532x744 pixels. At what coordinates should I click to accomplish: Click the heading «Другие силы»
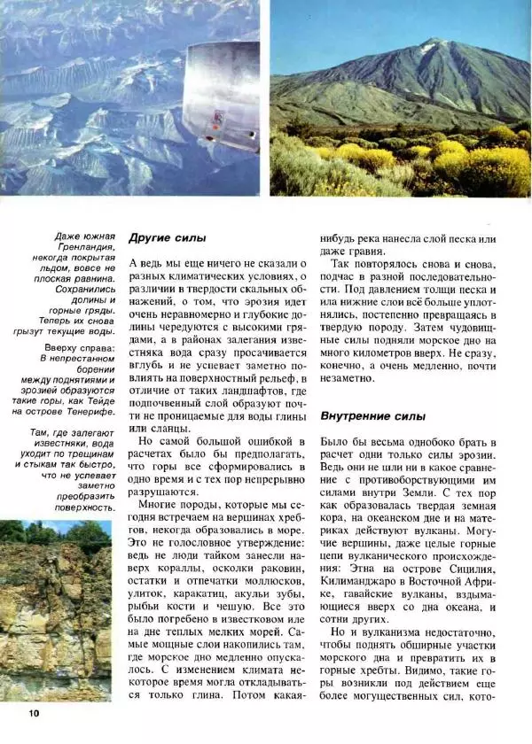(167, 237)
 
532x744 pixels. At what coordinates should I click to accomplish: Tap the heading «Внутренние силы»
(366, 415)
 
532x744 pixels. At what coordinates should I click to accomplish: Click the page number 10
(33, 714)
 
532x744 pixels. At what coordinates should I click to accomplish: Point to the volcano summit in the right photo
(433, 41)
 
